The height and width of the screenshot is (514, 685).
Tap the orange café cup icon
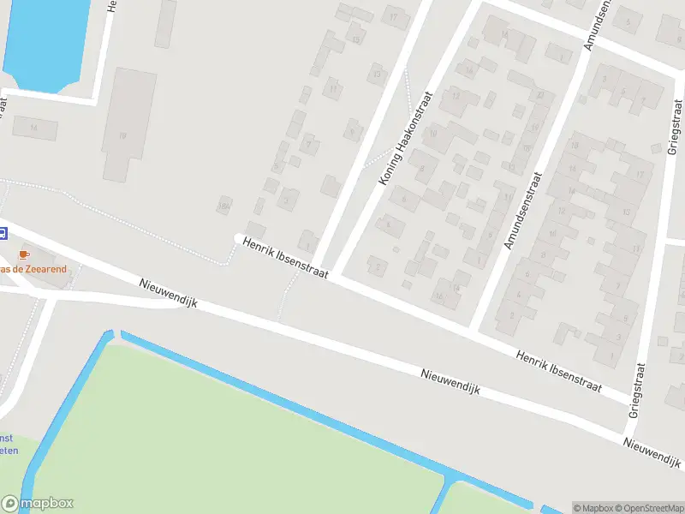(x=24, y=254)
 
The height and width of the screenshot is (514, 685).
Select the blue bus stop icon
(x=3, y=232)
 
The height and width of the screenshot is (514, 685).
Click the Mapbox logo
(x=37, y=504)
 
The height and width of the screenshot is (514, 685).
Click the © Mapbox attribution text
(x=593, y=507)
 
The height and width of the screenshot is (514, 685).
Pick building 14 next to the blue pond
(x=35, y=128)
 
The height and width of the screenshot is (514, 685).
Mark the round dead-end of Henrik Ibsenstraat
(x=239, y=237)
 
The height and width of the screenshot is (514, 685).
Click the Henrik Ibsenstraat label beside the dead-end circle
(x=286, y=260)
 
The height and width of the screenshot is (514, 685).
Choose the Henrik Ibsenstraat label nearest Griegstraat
(x=559, y=369)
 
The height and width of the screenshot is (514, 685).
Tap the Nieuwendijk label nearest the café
(x=168, y=293)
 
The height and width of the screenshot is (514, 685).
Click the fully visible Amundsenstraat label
(x=523, y=211)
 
